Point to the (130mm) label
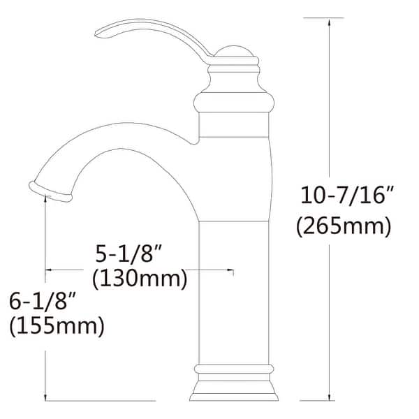[x=140, y=279]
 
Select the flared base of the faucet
[x=233, y=388]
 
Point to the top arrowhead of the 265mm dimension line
[x=330, y=21]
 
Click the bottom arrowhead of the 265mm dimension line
[x=330, y=397]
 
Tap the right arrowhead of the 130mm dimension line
[x=229, y=270]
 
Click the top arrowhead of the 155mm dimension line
[x=45, y=200]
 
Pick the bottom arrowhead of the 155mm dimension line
[x=45, y=397]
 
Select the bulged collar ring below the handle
[x=233, y=105]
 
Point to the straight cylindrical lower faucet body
[x=233, y=293]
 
